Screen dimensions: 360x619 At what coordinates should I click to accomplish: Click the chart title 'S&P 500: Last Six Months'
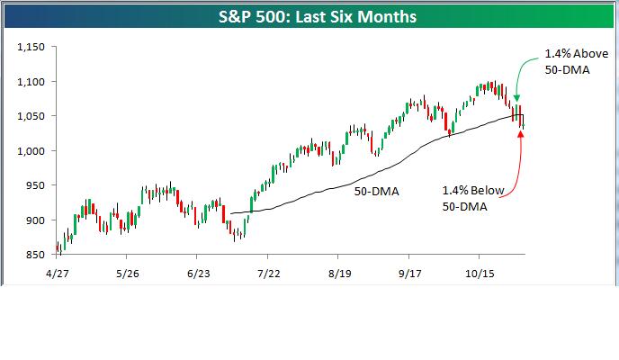(x=309, y=17)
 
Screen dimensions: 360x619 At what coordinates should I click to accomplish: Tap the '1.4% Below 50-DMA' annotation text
(x=473, y=199)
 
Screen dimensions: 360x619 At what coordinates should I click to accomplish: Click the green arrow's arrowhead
(x=517, y=97)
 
